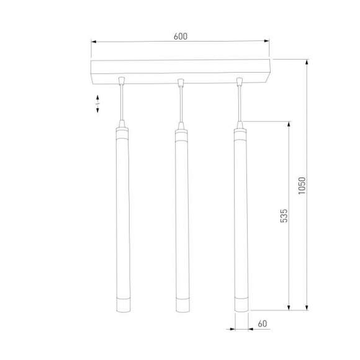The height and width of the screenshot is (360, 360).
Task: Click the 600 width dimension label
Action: (x=180, y=37)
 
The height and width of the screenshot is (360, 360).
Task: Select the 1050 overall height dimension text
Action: (x=302, y=186)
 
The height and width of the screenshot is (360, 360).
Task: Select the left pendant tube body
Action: (x=121, y=217)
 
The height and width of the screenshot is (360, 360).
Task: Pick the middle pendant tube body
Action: (x=180, y=217)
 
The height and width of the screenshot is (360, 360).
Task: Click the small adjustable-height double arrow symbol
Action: (x=98, y=104)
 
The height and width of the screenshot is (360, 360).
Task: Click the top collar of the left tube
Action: (x=121, y=132)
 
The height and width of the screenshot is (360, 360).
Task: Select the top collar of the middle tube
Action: (x=180, y=132)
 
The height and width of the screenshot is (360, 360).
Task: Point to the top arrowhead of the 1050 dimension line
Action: (x=307, y=63)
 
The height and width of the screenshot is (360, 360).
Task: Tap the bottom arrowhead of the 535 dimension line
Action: (x=289, y=307)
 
